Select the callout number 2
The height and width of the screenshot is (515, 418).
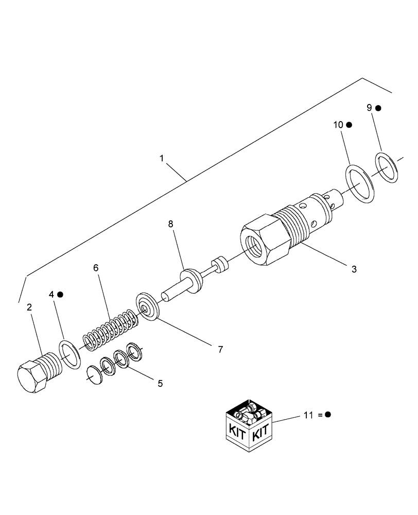29,307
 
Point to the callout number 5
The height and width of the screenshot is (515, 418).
160,383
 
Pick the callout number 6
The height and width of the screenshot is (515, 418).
96,268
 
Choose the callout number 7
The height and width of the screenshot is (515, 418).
220,350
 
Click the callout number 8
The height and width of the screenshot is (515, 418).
171,225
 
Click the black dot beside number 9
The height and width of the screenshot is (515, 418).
378,108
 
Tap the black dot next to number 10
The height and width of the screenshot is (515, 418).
349,125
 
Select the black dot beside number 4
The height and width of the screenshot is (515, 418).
60,295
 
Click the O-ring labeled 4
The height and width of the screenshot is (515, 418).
71,354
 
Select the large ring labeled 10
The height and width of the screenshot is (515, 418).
361,184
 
